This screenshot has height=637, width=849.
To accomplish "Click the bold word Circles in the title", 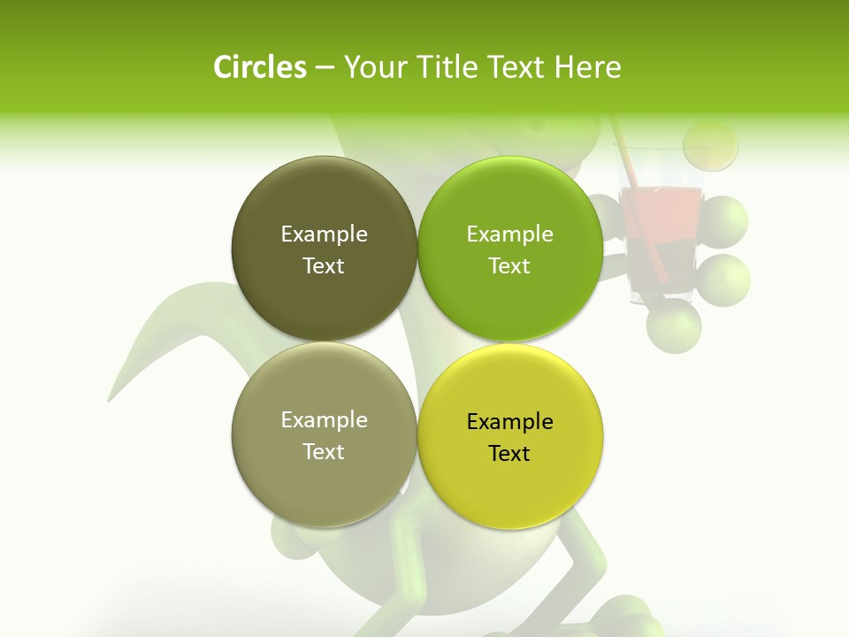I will pyautogui.click(x=259, y=68).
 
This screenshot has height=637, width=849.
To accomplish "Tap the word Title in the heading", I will pyautogui.click(x=443, y=68).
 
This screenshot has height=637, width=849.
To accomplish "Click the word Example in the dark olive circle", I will pyautogui.click(x=324, y=234).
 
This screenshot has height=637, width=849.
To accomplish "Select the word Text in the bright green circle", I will pyautogui.click(x=509, y=266).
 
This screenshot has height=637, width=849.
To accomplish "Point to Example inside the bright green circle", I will pyautogui.click(x=509, y=234).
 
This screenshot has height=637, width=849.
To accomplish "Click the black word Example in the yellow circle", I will pyautogui.click(x=509, y=422).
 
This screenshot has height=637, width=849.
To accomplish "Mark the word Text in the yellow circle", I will pyautogui.click(x=509, y=454).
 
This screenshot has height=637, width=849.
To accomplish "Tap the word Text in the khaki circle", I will pyautogui.click(x=324, y=452).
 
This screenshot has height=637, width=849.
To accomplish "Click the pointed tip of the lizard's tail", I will pyautogui.click(x=110, y=399).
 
